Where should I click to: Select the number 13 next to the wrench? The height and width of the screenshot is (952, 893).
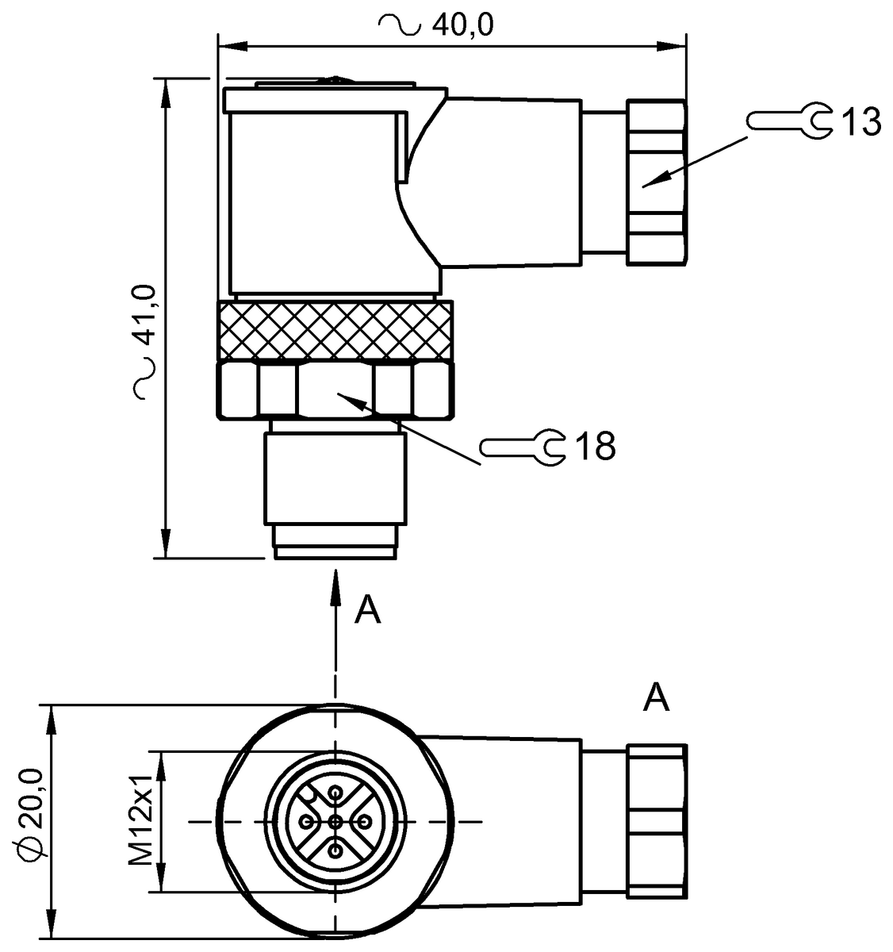pyautogui.click(x=860, y=122)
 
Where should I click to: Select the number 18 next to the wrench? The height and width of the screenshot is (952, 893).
pyautogui.click(x=595, y=447)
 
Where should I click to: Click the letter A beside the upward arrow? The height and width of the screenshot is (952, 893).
pyautogui.click(x=367, y=609)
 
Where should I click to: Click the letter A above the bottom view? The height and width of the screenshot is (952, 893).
pyautogui.click(x=656, y=698)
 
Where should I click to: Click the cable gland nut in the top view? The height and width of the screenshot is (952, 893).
pyautogui.click(x=655, y=182)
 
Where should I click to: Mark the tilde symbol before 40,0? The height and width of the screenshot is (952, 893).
pyautogui.click(x=400, y=25)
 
